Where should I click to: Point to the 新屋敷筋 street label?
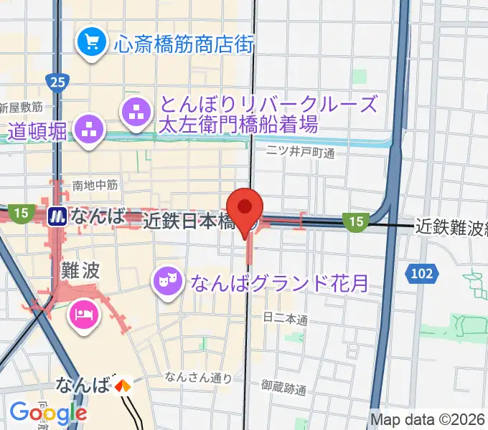pos(22,107)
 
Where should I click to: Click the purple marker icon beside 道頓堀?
pos(90,130)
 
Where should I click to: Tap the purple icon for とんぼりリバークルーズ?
pos(137,112)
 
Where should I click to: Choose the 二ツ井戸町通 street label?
pos(301,152)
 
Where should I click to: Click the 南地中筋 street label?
pos(95,185)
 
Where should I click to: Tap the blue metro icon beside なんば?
pos(56,216)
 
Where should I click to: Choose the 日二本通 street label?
pos(286,317)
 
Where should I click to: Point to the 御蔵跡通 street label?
pos(284,390)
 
